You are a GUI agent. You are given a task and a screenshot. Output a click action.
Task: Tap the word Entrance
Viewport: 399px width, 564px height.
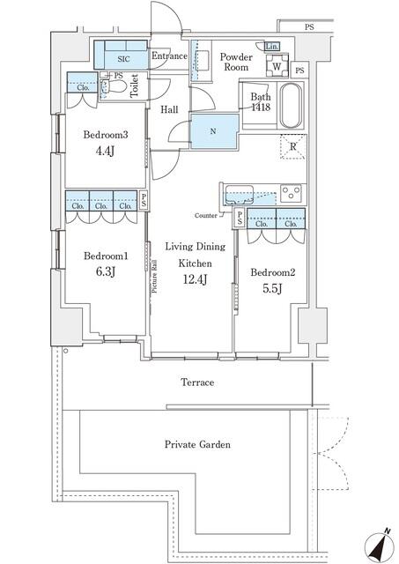pyautogui.click(x=169, y=56)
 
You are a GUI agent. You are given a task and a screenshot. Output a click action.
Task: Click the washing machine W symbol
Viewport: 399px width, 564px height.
pyautogui.click(x=277, y=66)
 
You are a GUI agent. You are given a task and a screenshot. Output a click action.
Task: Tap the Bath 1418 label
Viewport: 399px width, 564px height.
pyautogui.click(x=260, y=102)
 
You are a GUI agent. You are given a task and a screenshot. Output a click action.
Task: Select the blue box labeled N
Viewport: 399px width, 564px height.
pyautogui.click(x=214, y=131)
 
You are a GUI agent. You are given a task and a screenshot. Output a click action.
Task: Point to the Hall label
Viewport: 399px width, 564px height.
pyautogui.click(x=170, y=110)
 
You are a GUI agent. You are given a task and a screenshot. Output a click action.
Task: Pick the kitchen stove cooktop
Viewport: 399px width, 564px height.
pyautogui.click(x=291, y=191)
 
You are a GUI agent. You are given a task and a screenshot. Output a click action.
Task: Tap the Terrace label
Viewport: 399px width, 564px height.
pyautogui.click(x=197, y=382)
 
